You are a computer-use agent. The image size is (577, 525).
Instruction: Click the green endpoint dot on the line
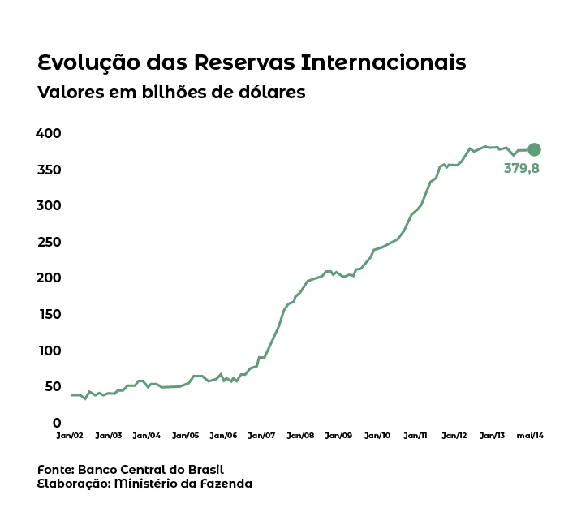[534, 149]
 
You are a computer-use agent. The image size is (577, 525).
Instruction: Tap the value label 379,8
[522, 169]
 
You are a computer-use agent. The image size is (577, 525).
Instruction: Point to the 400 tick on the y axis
[49, 133]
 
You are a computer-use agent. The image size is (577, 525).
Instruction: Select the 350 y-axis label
[49, 170]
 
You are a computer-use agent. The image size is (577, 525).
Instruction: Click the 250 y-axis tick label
[49, 242]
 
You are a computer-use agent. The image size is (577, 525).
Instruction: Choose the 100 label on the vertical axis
[49, 351]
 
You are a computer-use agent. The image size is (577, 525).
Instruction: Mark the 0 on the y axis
[57, 423]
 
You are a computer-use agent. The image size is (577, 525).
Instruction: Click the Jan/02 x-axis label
[70, 436]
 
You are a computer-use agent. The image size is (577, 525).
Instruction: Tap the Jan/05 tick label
[185, 436]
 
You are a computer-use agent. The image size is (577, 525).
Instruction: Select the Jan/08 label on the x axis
[300, 436]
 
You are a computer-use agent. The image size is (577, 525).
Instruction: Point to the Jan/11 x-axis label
[416, 436]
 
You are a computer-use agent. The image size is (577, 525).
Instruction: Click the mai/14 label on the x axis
[531, 436]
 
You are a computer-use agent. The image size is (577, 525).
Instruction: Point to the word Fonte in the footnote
[55, 470]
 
